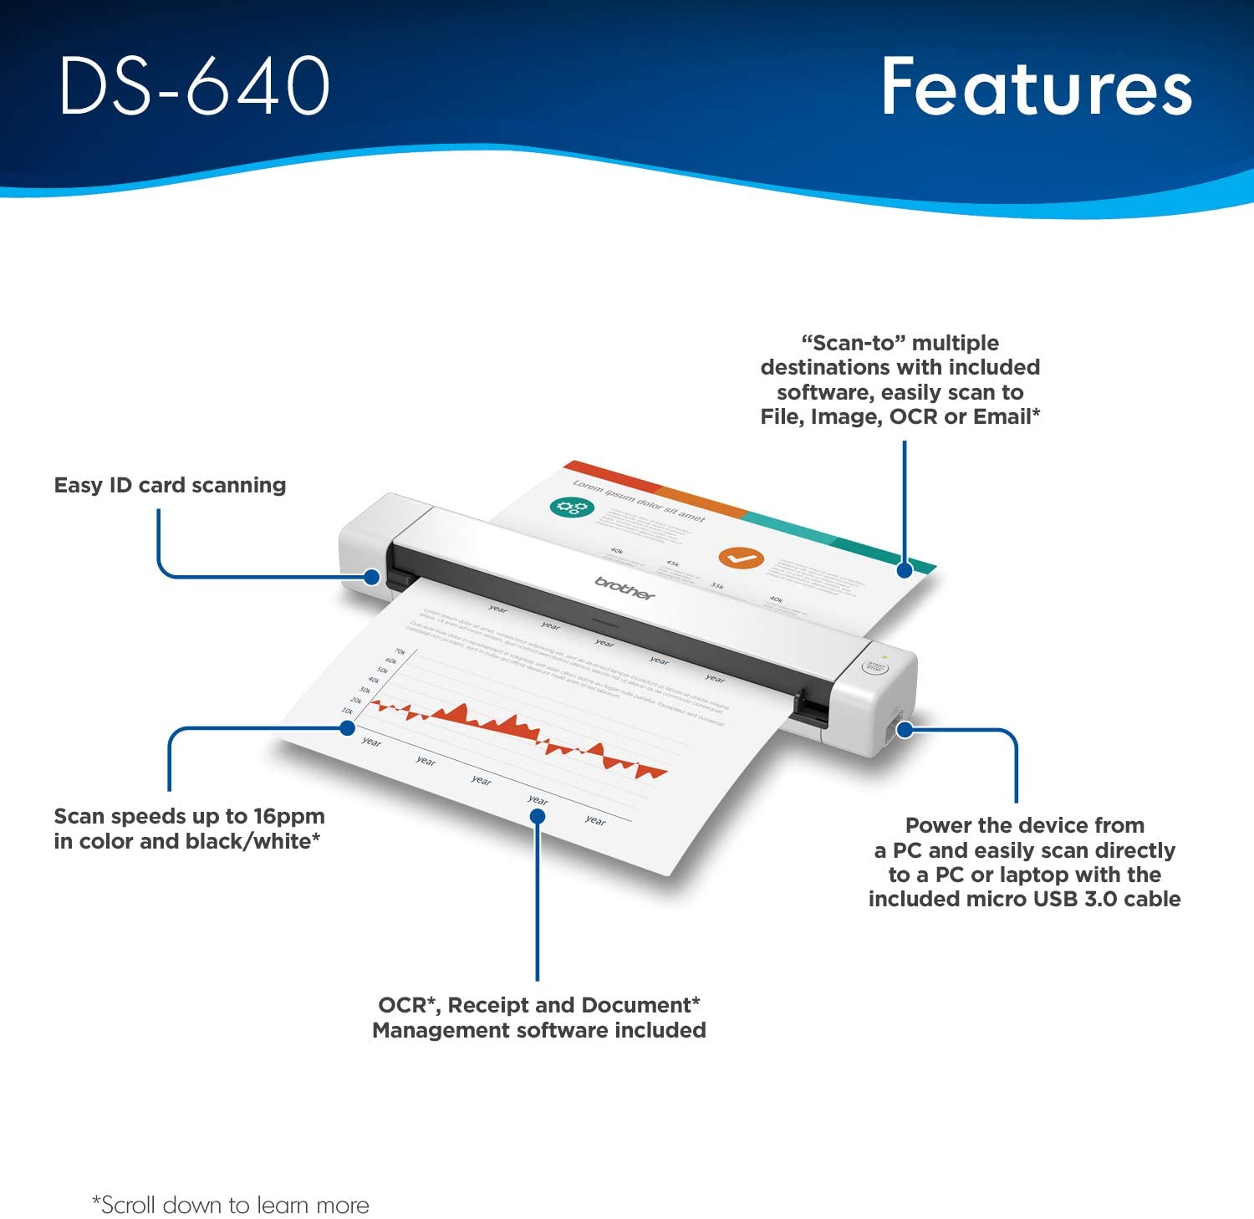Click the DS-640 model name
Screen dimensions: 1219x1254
pyautogui.click(x=194, y=85)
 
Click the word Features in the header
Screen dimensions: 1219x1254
pyautogui.click(x=1036, y=87)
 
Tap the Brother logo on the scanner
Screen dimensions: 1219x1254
pyautogui.click(x=624, y=588)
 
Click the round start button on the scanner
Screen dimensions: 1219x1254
pyautogui.click(x=874, y=667)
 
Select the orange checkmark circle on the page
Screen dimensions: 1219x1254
pyautogui.click(x=741, y=558)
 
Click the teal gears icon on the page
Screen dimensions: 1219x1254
pyautogui.click(x=572, y=507)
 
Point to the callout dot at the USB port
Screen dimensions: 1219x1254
pyautogui.click(x=905, y=730)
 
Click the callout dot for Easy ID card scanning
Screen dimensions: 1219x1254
pyautogui.click(x=373, y=577)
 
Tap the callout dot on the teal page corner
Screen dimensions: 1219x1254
pyautogui.click(x=904, y=570)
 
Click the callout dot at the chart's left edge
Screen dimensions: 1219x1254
pyautogui.click(x=348, y=728)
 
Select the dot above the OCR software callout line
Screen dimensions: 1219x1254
pyautogui.click(x=538, y=816)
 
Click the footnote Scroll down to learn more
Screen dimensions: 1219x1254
pyautogui.click(x=231, y=1205)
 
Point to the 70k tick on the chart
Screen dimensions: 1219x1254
pyautogui.click(x=400, y=652)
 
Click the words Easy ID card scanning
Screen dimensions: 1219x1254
pyautogui.click(x=170, y=485)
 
